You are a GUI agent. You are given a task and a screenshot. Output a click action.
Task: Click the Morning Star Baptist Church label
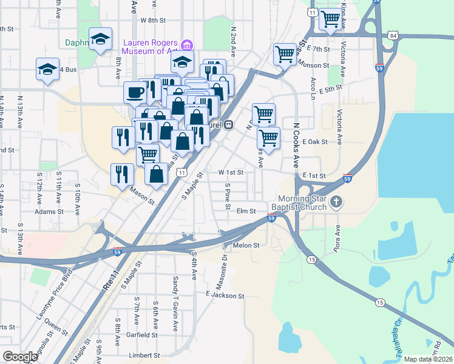[302, 203]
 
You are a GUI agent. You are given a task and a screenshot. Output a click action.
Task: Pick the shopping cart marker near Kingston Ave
[330, 19]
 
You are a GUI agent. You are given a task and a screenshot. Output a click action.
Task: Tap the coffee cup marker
[135, 93]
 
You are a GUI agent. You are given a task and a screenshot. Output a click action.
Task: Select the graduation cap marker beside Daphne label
[100, 39]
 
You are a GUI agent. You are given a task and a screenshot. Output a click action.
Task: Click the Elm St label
[246, 211]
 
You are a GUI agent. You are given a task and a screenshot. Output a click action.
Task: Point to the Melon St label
[246, 246]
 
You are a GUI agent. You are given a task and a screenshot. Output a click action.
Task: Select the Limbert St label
[143, 356]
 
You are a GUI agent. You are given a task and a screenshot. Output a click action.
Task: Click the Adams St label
[49, 212]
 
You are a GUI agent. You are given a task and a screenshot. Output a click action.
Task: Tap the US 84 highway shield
[393, 36]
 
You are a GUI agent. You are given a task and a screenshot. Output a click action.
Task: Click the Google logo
[19, 356]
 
